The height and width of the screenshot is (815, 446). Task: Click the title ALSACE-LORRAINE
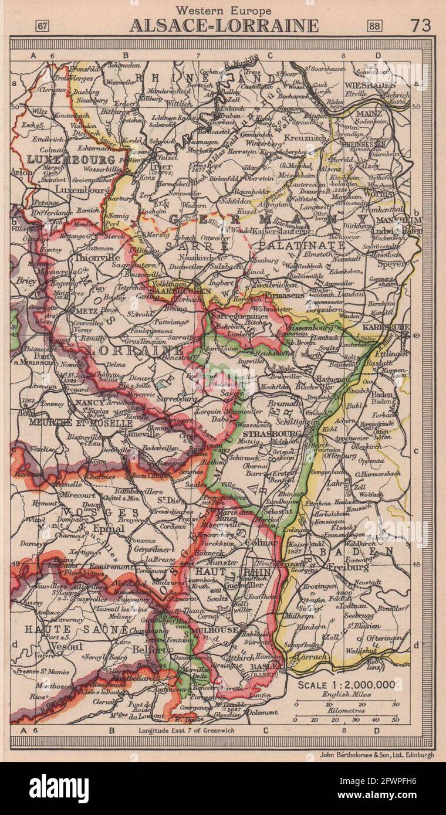(224, 26)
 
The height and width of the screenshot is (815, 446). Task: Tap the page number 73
(420, 25)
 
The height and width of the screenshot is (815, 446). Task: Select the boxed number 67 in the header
(43, 26)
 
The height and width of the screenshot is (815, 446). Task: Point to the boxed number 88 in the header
(374, 26)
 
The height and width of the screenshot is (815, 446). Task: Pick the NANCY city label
(86, 404)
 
